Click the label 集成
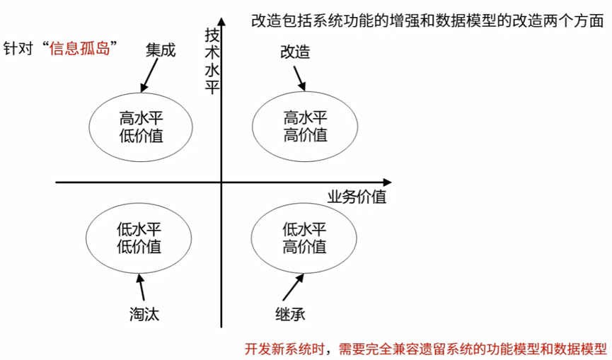[x=160, y=51]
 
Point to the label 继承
[x=289, y=313]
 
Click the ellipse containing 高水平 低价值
[x=142, y=126]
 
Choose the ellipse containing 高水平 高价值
[x=305, y=126]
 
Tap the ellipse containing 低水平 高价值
[x=304, y=238]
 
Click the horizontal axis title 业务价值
[x=357, y=197]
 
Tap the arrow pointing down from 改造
[x=300, y=77]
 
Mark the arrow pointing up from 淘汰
[x=141, y=287]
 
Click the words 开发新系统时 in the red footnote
[x=281, y=348]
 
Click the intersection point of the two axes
[x=221, y=183]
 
